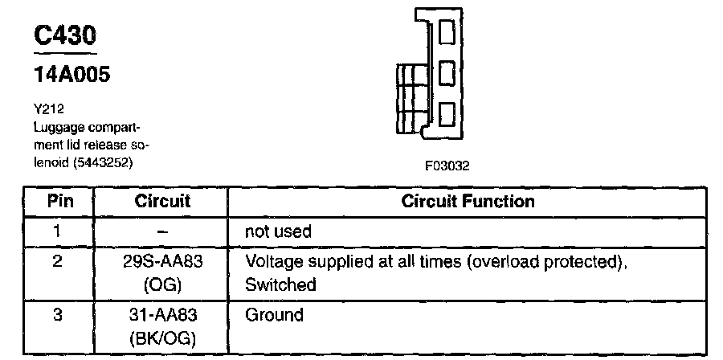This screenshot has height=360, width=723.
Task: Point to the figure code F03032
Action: (x=447, y=167)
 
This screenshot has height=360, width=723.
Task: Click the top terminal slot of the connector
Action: (x=448, y=33)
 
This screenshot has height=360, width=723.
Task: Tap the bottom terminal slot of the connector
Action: (x=448, y=117)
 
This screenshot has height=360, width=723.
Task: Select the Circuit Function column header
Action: (x=468, y=201)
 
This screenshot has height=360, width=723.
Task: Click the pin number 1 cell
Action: (x=56, y=231)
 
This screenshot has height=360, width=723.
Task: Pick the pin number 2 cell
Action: (x=56, y=262)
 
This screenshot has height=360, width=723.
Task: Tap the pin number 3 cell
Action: (x=56, y=315)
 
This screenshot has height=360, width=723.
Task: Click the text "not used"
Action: (x=278, y=231)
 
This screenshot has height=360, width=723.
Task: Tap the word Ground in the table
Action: (x=274, y=315)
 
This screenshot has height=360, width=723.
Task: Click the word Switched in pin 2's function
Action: (x=280, y=284)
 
